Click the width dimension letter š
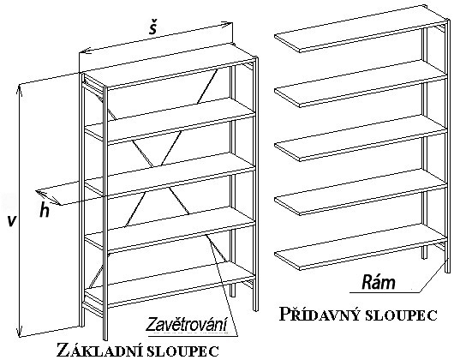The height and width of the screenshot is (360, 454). coord(152,27)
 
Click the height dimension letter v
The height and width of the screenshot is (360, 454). coord(11,220)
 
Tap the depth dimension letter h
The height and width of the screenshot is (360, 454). coord(45,211)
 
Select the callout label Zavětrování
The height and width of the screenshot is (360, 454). coord(187,325)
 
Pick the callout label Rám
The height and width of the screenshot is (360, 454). coord(378,282)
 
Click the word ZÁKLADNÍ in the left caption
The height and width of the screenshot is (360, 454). coord(99,351)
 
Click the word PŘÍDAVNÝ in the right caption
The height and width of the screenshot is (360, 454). coord(319,315)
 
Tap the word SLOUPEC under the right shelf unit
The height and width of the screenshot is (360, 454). coord(399,315)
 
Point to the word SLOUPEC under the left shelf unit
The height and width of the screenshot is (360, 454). coord(182,351)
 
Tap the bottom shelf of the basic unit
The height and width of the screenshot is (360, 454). coord(170,284)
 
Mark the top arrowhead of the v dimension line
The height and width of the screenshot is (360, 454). coord(19,88)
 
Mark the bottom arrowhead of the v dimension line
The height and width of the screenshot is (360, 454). coord(20,333)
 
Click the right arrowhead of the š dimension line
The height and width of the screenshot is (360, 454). coord(229,24)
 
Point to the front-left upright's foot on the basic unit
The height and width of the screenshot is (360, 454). coord(105,338)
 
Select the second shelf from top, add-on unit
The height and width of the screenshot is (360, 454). coord(361,83)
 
